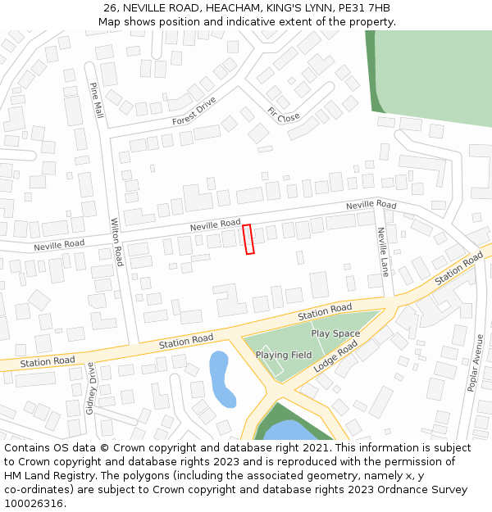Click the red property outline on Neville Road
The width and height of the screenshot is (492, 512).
click(x=248, y=239)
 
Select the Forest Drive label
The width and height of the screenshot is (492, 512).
click(x=194, y=111)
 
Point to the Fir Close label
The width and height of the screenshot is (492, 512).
click(x=284, y=114)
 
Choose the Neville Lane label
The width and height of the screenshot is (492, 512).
click(x=382, y=251)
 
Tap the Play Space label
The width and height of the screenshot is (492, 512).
click(x=335, y=333)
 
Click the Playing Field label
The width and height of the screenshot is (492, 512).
click(x=284, y=355)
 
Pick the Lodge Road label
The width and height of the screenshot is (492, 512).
click(x=336, y=357)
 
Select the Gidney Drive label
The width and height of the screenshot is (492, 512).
click(x=91, y=390)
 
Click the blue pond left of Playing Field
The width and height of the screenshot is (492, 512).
click(x=221, y=378)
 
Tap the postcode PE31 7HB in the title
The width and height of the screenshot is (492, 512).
click(x=362, y=8)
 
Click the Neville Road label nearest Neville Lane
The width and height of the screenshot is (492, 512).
click(x=371, y=204)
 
